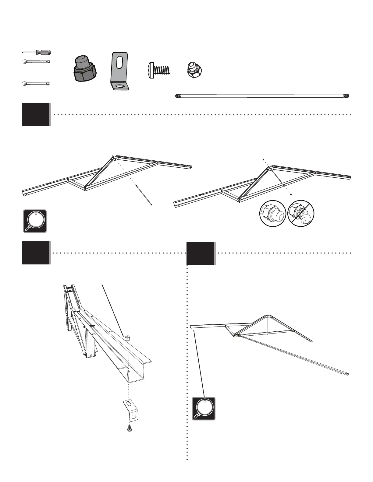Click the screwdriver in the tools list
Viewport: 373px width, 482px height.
[x=37, y=52]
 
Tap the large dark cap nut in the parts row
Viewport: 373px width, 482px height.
[x=85, y=69]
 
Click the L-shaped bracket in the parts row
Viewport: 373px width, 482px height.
[x=119, y=72]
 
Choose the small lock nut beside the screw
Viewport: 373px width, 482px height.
[x=194, y=70]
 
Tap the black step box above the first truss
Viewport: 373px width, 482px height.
[x=36, y=114]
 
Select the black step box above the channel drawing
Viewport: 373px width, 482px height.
[x=36, y=253]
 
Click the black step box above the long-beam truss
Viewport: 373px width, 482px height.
[x=201, y=253]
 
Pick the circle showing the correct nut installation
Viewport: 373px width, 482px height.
[x=272, y=213]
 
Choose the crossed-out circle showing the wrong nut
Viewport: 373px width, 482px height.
[x=301, y=213]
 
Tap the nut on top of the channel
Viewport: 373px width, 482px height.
[x=127, y=337]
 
